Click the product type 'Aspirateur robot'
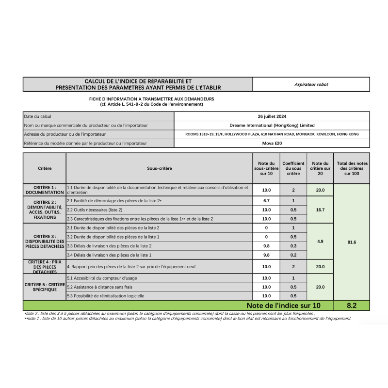point(311,84)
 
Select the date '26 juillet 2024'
point(272,116)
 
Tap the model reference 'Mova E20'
point(272,143)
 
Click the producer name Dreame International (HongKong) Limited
point(272,125)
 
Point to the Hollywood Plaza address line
point(272,134)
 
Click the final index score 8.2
point(352,306)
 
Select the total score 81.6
point(352,242)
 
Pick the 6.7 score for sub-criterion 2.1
point(266,201)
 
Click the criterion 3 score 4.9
point(320,241)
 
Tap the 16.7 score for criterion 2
point(320,210)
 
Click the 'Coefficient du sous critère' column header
point(293,168)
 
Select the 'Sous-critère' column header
point(159,168)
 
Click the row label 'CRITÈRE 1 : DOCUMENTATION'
point(45,190)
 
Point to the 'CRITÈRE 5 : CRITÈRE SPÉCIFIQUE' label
point(45,287)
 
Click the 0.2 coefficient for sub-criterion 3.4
point(293,255)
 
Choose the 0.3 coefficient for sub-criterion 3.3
point(293,246)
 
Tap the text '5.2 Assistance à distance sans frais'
point(99,287)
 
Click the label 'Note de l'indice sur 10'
point(283,306)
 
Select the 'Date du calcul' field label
point(37,116)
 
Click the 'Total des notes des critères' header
point(352,168)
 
